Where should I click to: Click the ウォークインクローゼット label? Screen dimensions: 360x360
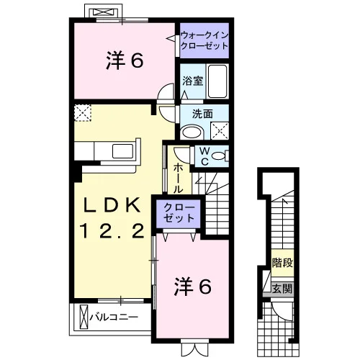point(204,40)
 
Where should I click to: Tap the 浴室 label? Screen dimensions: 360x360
point(193,81)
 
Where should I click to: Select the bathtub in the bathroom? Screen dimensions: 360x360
point(217,81)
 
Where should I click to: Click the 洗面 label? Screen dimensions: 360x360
point(202,114)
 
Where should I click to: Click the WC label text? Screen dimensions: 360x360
point(204,156)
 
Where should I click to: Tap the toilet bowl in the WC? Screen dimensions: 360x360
point(220,156)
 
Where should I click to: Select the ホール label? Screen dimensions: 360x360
point(178,178)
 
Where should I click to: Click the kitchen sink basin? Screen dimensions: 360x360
point(122,151)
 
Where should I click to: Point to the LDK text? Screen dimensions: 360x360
point(112,205)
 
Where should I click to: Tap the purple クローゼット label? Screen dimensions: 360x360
point(179,213)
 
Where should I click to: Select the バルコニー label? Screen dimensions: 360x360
point(114,318)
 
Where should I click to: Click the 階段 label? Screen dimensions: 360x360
point(282,263)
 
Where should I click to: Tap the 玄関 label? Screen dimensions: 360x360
point(282,289)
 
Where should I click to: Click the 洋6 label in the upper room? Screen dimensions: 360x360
point(125,60)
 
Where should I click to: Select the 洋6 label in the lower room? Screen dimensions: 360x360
point(193,286)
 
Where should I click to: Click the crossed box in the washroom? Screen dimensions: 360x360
point(220,131)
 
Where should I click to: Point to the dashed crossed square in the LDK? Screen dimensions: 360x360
point(83,112)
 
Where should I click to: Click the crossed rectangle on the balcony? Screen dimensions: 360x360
point(84,318)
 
